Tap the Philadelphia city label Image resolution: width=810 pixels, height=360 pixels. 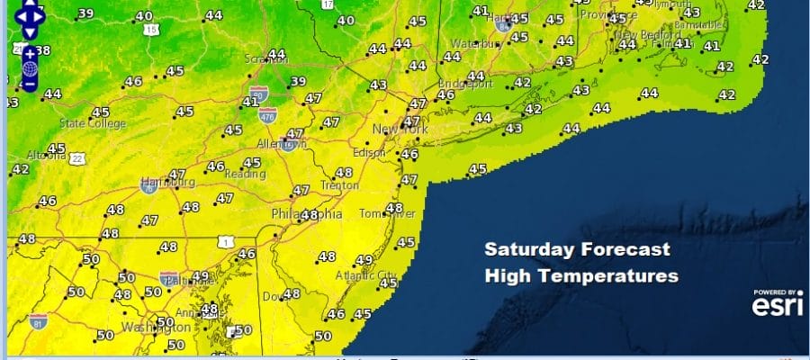point(307,215)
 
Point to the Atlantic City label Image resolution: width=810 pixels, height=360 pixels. point(365,274)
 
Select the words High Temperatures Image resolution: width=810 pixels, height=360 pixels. point(580,276)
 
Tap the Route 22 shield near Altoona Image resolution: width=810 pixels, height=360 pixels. point(79,159)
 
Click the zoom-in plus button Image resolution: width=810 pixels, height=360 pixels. point(30,53)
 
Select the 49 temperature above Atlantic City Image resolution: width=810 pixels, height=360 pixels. point(364,260)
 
